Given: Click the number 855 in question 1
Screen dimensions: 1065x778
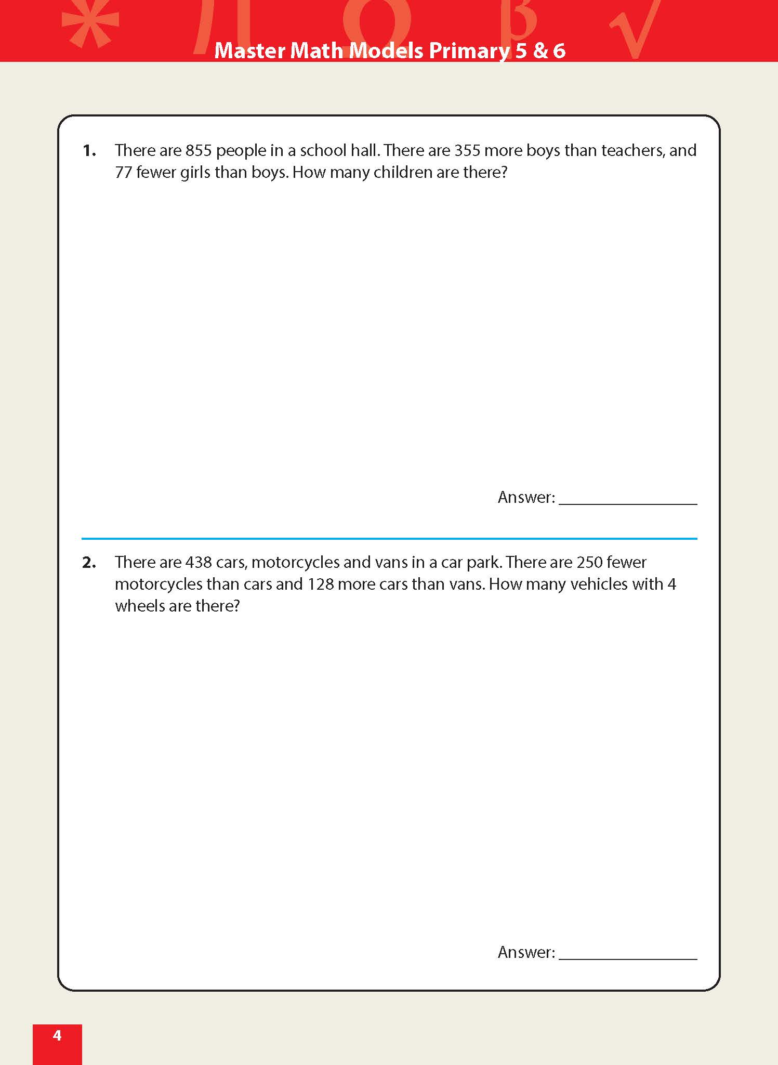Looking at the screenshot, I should coord(199,150).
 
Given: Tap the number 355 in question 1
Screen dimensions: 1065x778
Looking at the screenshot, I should coord(467,150).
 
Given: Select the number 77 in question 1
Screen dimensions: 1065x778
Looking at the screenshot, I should coord(123,172).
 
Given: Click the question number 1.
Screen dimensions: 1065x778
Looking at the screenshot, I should coord(89,151).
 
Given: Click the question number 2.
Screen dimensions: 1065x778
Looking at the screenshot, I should coord(89,563).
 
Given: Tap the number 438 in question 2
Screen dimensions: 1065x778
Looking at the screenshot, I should coord(199,562).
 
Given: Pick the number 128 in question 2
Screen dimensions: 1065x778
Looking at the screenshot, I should coord(320,584).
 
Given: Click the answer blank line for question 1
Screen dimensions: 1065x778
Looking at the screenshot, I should coord(628,503).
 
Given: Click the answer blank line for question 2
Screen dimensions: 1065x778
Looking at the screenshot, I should coord(628,957).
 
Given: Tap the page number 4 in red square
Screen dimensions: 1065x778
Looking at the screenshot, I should coord(57,1035).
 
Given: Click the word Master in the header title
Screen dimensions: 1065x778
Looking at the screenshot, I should coord(249,50).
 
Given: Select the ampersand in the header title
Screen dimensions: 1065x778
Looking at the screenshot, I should coord(541,50).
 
